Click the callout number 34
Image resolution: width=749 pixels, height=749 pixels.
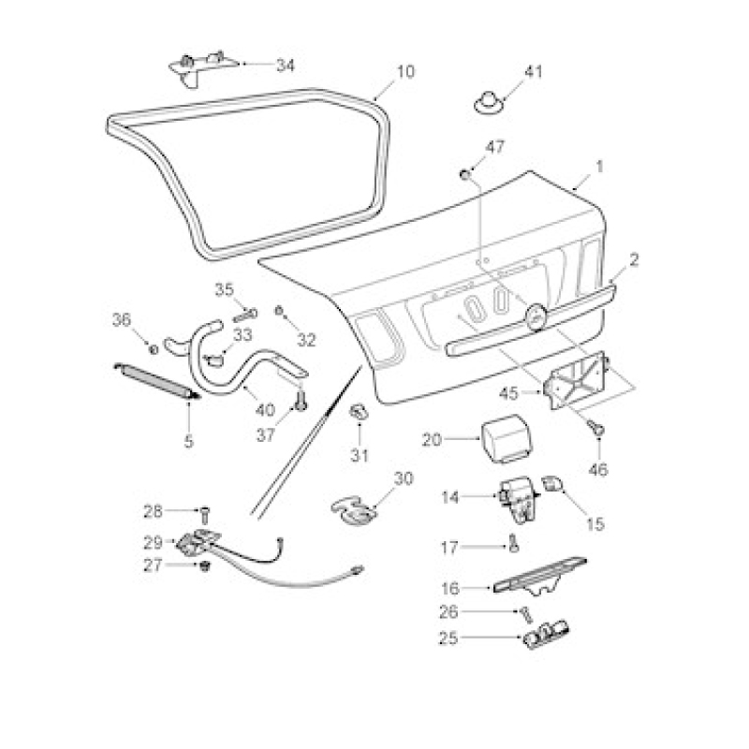point(286,65)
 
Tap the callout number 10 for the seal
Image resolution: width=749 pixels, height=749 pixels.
point(405,72)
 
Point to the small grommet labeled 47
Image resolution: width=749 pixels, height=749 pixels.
point(464,174)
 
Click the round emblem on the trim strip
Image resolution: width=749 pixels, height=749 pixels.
point(536,316)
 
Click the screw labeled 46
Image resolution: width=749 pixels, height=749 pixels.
point(597,427)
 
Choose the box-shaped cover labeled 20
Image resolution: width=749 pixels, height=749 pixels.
point(506,439)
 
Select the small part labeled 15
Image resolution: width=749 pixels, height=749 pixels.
point(552,484)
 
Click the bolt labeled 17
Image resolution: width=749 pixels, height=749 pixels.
point(513,545)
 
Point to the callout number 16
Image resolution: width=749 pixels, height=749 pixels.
point(450,589)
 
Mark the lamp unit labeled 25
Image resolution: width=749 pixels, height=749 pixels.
point(546,634)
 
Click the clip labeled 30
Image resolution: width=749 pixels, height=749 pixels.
point(354,511)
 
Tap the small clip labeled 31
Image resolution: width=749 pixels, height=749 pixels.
point(358,411)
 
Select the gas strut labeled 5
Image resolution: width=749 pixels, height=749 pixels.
point(156,380)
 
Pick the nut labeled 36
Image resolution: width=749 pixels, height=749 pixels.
point(154,349)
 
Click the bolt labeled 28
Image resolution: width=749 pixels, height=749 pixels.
point(205,513)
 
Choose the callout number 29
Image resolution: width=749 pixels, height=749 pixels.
point(154,543)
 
